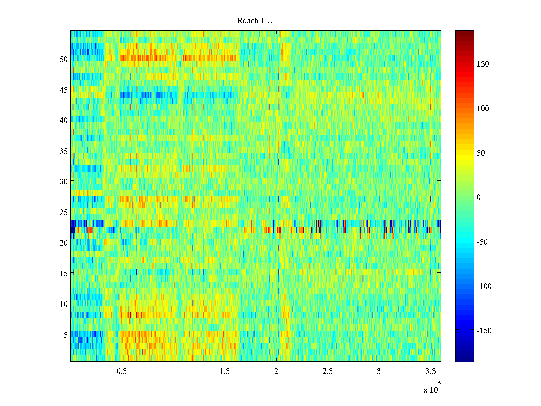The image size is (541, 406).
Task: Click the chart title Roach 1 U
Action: coord(255,21)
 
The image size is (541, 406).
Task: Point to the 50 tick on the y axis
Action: coord(64,59)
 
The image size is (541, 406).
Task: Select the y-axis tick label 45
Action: coord(64,90)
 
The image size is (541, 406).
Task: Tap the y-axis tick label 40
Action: coord(64,120)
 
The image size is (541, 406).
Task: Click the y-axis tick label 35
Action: coord(64,151)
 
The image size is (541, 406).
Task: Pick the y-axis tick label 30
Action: coord(64,181)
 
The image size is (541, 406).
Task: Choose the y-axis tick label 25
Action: coord(64,212)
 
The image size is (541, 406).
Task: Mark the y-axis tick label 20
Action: coord(64,243)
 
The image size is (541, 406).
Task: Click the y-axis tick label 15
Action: coord(64,273)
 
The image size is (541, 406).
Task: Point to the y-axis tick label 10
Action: coord(64,304)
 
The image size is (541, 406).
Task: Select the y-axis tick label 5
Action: coord(66,335)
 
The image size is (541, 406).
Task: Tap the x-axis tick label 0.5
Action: coord(122,371)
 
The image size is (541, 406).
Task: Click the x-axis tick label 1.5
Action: coord(225,371)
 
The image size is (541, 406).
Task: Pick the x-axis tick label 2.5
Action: coord(328,371)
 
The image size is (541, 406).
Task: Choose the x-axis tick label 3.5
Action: coord(430,371)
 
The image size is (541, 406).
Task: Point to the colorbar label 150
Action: coord(483,64)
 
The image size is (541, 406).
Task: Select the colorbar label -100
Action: coord(484,286)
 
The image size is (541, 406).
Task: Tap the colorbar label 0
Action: coord(478,197)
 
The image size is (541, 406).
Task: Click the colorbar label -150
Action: coord(484,331)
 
